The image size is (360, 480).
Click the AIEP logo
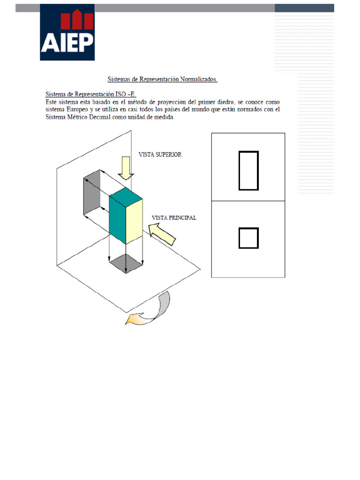click(67, 32)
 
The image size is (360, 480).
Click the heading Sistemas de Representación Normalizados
click(163, 80)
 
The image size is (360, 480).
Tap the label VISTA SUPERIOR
click(160, 154)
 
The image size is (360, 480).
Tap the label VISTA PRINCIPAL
click(174, 218)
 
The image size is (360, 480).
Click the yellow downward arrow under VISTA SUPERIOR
click(125, 168)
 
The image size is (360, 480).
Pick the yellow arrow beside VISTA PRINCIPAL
click(162, 233)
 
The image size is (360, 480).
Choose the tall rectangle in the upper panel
click(248, 171)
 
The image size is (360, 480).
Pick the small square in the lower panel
click(248, 238)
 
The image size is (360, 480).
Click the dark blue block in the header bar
click(304, 8)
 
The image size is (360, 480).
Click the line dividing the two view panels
click(248, 201)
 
